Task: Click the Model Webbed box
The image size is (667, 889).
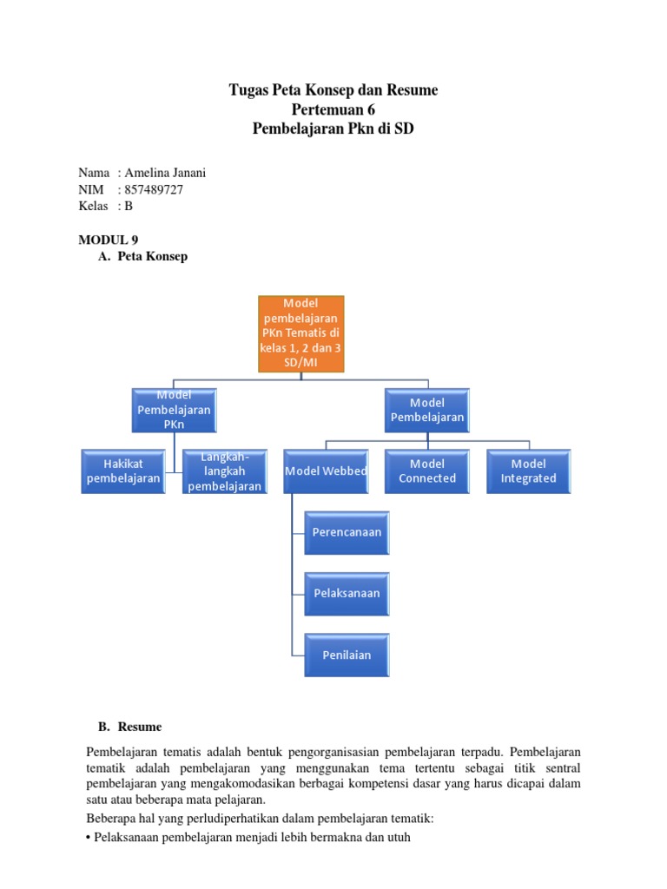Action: point(326,471)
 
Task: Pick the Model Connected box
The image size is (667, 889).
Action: point(427,471)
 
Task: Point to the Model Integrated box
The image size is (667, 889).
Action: point(528,471)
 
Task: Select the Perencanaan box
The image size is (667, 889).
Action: point(347,532)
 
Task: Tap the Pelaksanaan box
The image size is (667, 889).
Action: point(347,593)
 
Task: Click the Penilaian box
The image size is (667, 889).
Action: point(347,655)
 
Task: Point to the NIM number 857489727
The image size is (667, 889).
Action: point(154,189)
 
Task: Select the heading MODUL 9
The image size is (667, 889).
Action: point(109,240)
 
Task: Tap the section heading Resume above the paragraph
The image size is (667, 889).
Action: point(140,726)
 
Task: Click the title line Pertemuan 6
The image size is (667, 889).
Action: point(333,109)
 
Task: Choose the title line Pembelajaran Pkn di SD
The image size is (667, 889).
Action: point(333,129)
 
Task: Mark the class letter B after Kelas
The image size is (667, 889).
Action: point(129,206)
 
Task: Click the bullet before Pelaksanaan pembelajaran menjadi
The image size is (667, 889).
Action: point(89,838)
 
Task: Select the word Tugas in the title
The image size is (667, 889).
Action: point(249,89)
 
